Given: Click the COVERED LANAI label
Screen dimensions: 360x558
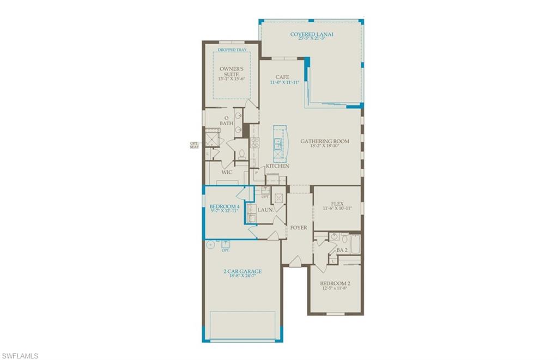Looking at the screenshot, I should click(x=312, y=34).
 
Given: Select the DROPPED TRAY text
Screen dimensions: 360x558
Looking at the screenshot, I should click(x=232, y=50).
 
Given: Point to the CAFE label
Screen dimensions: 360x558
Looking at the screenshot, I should click(x=282, y=77).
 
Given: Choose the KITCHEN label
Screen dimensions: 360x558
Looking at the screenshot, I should click(x=277, y=166).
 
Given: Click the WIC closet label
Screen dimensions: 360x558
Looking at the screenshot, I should click(x=227, y=172).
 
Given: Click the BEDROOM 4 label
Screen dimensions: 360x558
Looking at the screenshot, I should click(x=224, y=207).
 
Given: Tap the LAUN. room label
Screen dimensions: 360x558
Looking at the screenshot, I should click(x=265, y=209).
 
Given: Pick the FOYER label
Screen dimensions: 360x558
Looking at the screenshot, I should click(x=298, y=227).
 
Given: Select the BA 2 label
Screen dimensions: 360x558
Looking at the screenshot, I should click(x=342, y=250).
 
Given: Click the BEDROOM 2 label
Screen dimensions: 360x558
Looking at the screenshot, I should click(x=335, y=284).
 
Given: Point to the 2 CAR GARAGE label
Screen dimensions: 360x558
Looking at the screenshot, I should click(x=242, y=271).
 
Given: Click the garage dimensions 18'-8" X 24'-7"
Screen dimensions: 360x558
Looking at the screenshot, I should click(x=242, y=276).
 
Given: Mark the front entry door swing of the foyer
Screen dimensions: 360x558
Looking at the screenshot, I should click(x=294, y=263).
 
